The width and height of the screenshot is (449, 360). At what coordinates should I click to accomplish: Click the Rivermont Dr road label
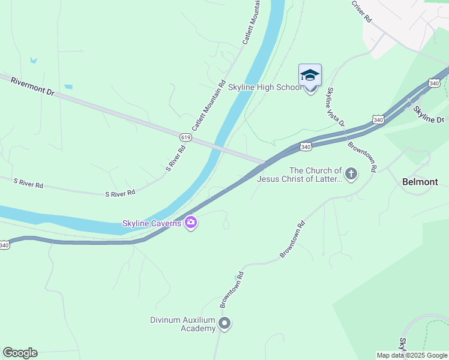pyautogui.click(x=32, y=87)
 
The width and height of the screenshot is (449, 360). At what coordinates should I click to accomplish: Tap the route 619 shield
pyautogui.click(x=185, y=137)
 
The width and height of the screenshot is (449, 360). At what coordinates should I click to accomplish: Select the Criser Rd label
pyautogui.click(x=362, y=11)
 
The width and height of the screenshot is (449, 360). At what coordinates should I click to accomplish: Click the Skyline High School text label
pyautogui.click(x=265, y=87)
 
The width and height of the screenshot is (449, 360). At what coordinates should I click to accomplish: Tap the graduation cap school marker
pyautogui.click(x=310, y=76)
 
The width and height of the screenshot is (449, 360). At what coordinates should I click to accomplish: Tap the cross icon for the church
pyautogui.click(x=351, y=175)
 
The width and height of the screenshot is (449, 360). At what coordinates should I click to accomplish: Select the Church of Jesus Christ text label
pyautogui.click(x=300, y=175)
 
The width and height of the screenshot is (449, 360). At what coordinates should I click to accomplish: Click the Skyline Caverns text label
pyautogui.click(x=152, y=223)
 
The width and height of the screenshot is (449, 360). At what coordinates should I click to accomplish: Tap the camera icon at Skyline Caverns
pyautogui.click(x=191, y=223)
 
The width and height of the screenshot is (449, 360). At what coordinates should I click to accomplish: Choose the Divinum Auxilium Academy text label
pyautogui.click(x=182, y=324)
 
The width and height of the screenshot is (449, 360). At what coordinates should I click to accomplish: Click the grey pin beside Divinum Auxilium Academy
pyautogui.click(x=224, y=324)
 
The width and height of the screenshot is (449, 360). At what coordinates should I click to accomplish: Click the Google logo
pyautogui.click(x=20, y=353)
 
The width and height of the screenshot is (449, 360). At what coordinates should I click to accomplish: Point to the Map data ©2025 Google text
pyautogui.click(x=412, y=355)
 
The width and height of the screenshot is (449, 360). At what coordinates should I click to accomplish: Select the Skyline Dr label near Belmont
pyautogui.click(x=430, y=114)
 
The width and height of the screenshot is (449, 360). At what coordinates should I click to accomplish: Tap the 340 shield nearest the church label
pyautogui.click(x=305, y=146)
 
